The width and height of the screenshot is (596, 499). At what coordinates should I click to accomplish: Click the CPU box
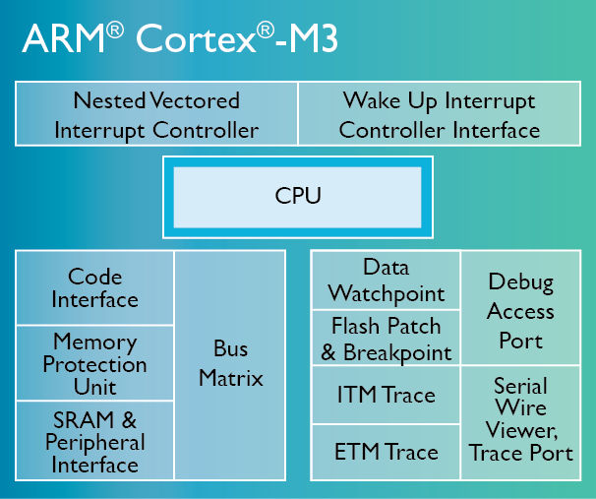tap(298, 197)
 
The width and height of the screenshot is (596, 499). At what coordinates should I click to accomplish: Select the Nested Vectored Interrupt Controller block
tap(156, 114)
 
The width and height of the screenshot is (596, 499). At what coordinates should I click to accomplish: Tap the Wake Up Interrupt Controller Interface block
tap(439, 114)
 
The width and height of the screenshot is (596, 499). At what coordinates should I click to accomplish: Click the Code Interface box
tap(95, 288)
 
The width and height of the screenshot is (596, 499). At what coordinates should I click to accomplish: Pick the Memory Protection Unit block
tap(95, 364)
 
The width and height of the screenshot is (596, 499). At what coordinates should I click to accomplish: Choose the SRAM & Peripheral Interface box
tap(95, 441)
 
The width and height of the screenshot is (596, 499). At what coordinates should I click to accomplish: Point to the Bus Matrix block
tap(231, 364)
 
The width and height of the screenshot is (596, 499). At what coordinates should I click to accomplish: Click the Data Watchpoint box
tap(386, 281)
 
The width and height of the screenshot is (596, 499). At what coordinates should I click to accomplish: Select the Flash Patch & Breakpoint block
tap(386, 339)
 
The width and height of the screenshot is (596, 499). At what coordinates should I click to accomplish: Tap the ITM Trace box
tap(386, 396)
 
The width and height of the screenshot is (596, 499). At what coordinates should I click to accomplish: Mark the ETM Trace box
tap(386, 453)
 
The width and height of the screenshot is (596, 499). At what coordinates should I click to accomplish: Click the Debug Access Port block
tap(521, 310)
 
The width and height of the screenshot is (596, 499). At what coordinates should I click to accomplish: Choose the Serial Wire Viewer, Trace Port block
tap(521, 423)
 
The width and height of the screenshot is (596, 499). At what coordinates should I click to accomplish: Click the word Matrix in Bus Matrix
tap(231, 378)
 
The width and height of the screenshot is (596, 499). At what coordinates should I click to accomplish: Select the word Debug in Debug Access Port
tap(521, 283)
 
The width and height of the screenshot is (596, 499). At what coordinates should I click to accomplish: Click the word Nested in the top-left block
tap(108, 100)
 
